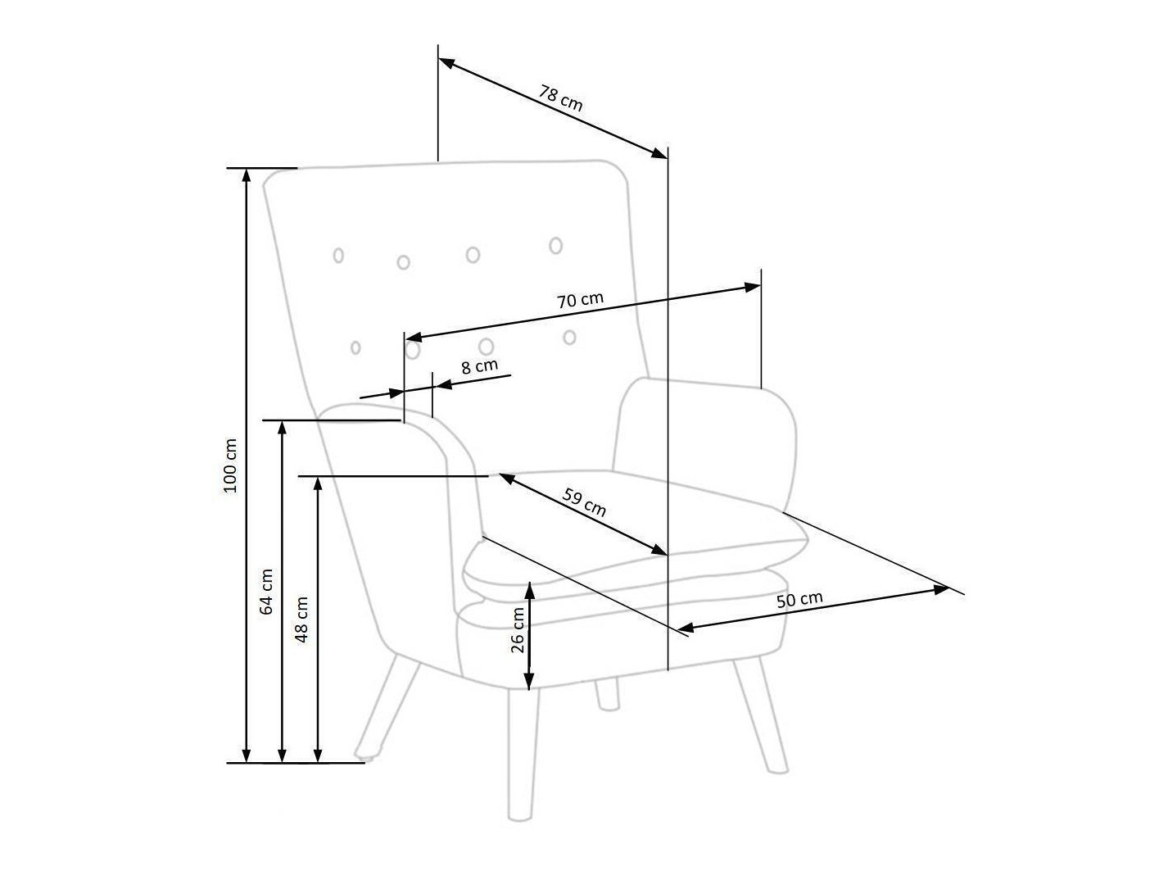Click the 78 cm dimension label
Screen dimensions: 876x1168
pyautogui.click(x=561, y=98)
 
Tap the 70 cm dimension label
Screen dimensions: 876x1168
pyautogui.click(x=580, y=300)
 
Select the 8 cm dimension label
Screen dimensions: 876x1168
pyautogui.click(x=479, y=366)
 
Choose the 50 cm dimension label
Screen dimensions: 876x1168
pyautogui.click(x=799, y=600)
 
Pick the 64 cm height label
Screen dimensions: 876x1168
pyautogui.click(x=267, y=592)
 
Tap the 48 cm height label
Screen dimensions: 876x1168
pyautogui.click(x=302, y=619)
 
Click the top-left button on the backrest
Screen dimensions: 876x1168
pyautogui.click(x=338, y=255)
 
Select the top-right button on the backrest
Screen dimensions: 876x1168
pyautogui.click(x=555, y=245)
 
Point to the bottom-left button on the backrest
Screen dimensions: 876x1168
pyautogui.click(x=355, y=347)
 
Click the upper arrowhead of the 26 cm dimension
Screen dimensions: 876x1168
pyautogui.click(x=530, y=589)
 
